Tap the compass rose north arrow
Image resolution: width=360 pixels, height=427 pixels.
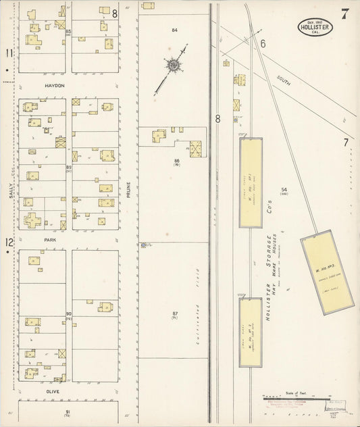pos(174,66)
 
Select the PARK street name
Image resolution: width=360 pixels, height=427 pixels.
pos(51,239)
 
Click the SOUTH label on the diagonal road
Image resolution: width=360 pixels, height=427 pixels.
pos(284,80)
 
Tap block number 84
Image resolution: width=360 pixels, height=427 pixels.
pos(174,30)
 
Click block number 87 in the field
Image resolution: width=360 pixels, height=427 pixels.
pos(174,313)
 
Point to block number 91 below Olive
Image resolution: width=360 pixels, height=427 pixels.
pos(68,411)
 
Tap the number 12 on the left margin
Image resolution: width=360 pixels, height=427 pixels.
pos(9,243)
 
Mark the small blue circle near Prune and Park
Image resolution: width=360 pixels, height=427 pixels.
pos(143,245)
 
